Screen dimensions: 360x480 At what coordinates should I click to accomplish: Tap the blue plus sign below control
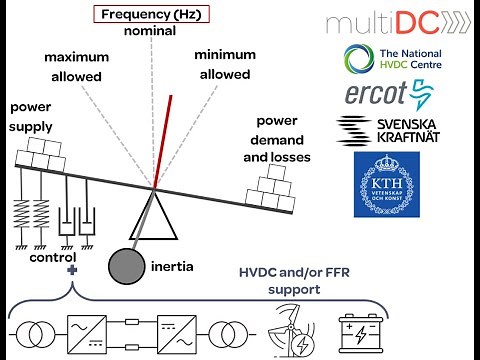point(70,270)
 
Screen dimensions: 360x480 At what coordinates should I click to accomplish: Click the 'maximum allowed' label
point(76,66)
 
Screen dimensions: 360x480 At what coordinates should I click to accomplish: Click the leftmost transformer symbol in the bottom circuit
point(31,329)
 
